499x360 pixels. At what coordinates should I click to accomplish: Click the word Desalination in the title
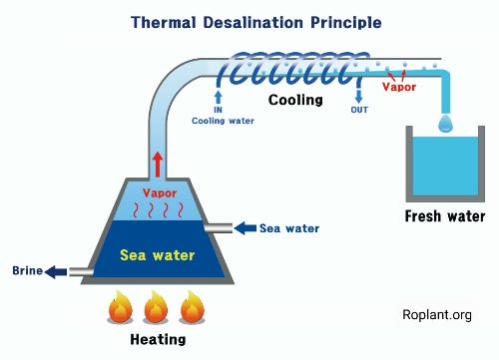252,23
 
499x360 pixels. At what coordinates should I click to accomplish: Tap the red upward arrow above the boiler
158,165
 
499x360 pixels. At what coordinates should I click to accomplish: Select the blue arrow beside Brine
56,272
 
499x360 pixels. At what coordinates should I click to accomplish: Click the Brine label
27,270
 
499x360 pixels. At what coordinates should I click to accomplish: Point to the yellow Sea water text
157,255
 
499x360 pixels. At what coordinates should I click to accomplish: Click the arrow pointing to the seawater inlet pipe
246,228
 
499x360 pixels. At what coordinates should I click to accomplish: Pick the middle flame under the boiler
156,306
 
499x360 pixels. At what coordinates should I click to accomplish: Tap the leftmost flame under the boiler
120,306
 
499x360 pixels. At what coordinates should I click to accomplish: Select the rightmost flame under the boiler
192,306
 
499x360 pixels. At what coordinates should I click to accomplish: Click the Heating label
158,339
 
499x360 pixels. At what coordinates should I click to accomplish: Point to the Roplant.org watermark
437,314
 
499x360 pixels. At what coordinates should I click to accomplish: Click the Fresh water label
445,216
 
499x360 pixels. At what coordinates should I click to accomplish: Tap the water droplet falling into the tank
446,123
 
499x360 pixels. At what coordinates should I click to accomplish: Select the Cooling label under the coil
295,100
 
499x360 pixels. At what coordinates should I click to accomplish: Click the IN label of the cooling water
218,110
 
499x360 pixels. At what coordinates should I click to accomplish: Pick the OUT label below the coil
359,110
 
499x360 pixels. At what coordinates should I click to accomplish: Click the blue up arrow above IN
218,97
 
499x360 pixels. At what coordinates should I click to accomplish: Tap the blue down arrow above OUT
358,96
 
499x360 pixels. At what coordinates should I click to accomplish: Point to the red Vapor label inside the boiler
160,193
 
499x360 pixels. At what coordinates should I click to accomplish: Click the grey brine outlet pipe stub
80,272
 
